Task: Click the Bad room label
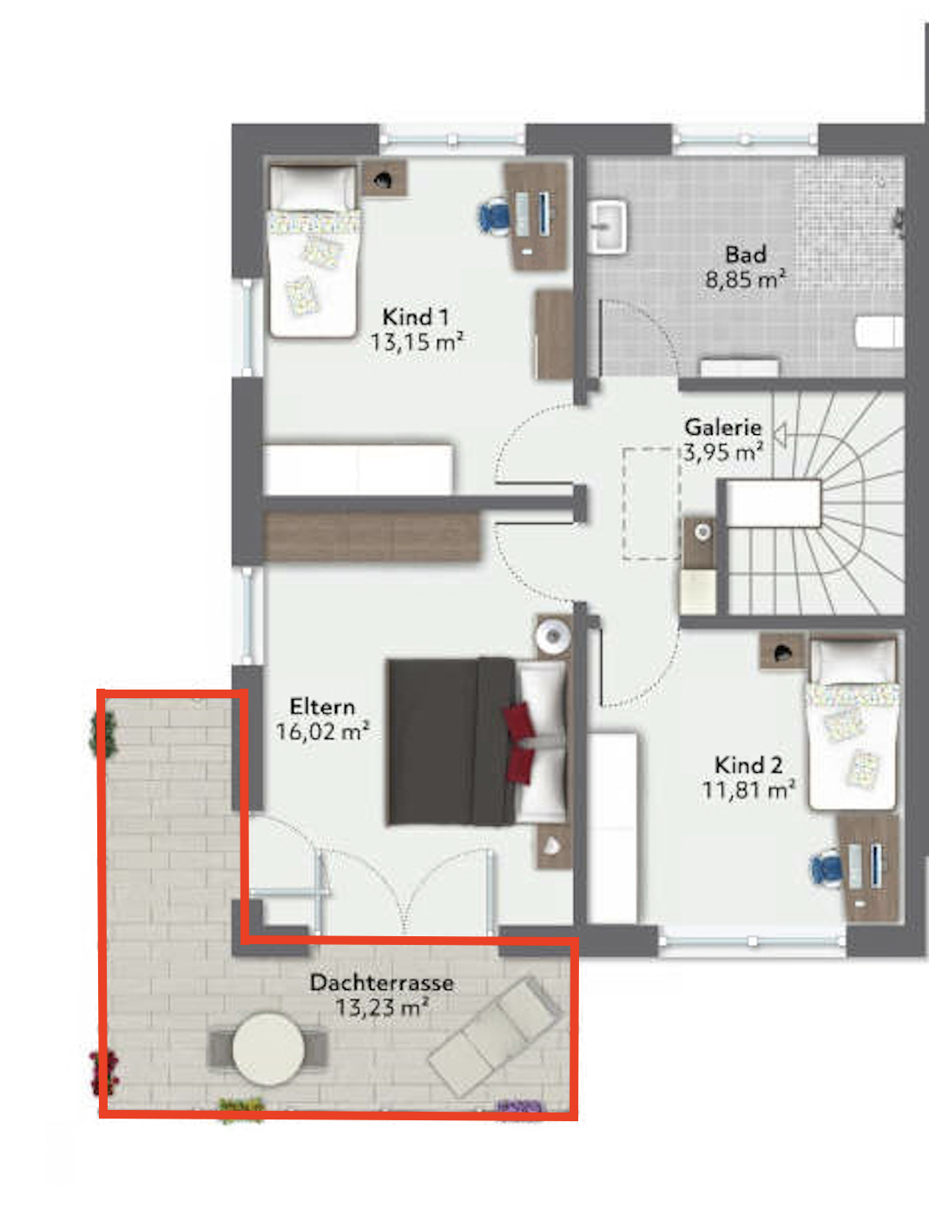click(x=746, y=254)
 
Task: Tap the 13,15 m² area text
click(x=418, y=341)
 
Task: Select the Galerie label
click(x=723, y=427)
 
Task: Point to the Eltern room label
click(x=322, y=707)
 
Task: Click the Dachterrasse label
click(x=381, y=983)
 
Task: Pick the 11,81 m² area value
click(x=748, y=790)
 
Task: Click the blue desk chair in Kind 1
click(x=494, y=216)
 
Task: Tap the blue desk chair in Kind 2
click(x=826, y=868)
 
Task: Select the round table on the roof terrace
click(x=268, y=1049)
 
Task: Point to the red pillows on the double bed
click(x=519, y=743)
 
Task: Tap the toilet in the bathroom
click(x=880, y=332)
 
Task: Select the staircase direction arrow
click(x=780, y=435)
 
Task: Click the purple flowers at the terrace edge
click(x=519, y=1107)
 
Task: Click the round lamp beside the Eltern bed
click(x=553, y=636)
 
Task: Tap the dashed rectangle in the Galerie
click(x=651, y=504)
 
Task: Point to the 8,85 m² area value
click(x=746, y=279)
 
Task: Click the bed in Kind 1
click(x=313, y=251)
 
